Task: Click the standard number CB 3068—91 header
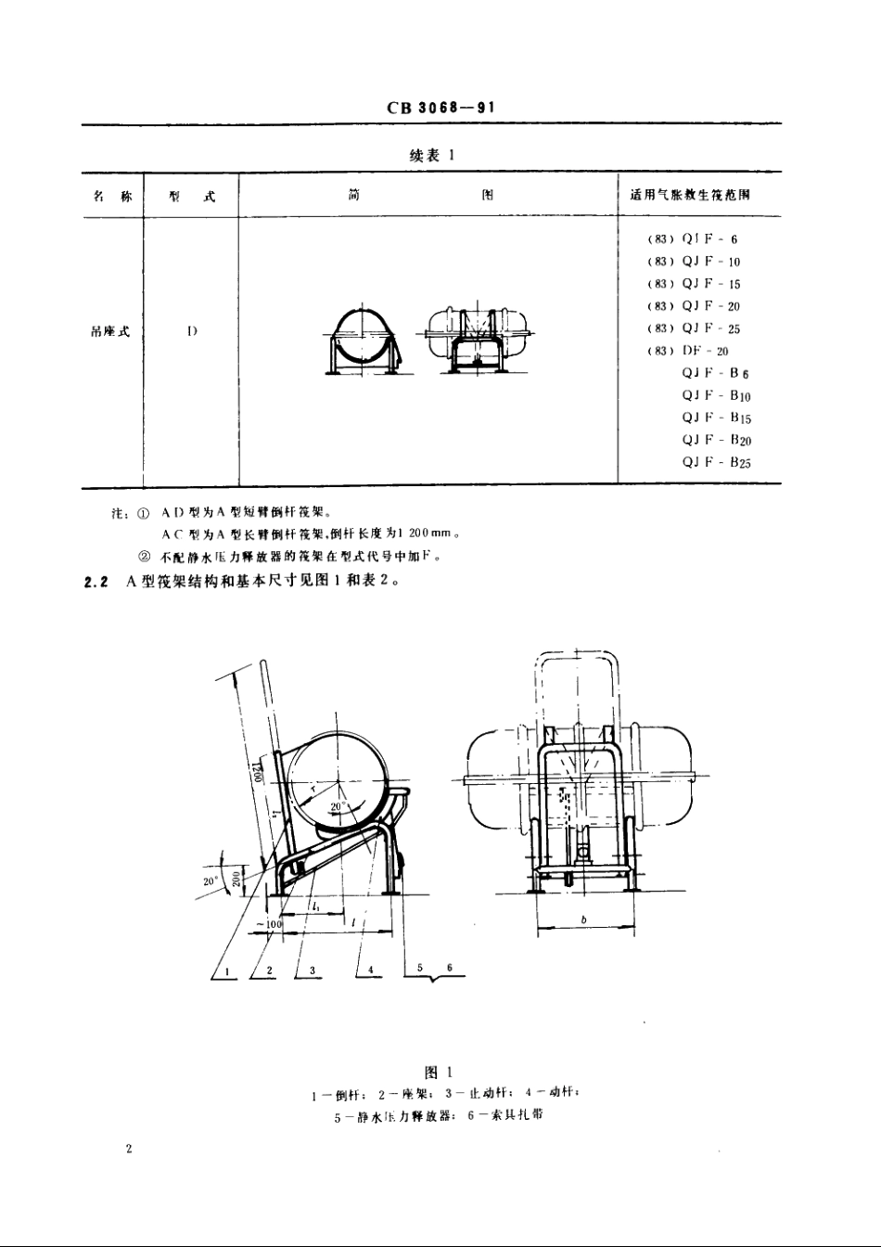coord(440,108)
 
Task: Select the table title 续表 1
coord(431,157)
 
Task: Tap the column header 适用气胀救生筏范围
coord(690,197)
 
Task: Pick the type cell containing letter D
coord(191,331)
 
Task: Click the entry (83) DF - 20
coord(688,351)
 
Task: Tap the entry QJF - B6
coord(715,373)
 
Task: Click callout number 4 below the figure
coord(370,969)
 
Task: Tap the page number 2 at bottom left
coord(129,1149)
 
